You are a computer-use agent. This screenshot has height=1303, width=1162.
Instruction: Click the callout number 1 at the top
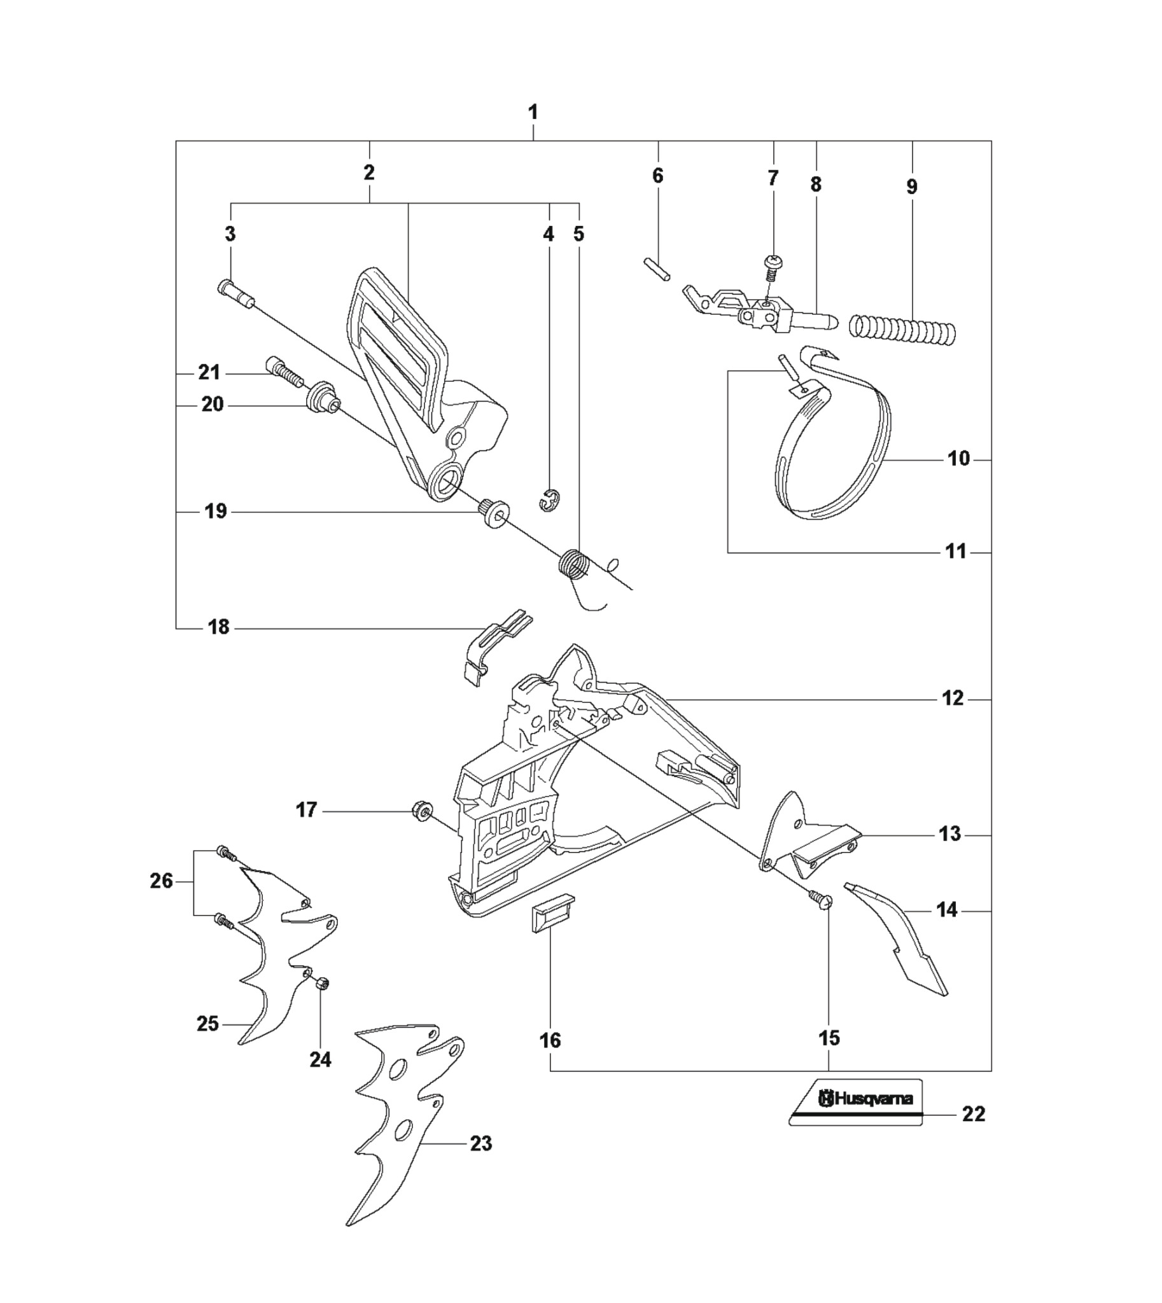[533, 113]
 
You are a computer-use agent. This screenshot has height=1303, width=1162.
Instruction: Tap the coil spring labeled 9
[902, 330]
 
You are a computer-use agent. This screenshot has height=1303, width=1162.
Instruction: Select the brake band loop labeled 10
[833, 434]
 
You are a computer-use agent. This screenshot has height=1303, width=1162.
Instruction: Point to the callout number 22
[974, 1114]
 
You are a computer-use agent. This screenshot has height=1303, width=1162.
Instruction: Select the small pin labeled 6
[657, 268]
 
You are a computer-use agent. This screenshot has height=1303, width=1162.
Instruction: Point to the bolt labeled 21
[282, 372]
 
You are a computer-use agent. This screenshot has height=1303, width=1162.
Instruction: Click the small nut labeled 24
[323, 984]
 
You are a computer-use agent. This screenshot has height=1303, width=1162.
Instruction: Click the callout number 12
[953, 699]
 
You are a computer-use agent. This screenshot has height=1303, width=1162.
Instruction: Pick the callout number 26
[162, 881]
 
